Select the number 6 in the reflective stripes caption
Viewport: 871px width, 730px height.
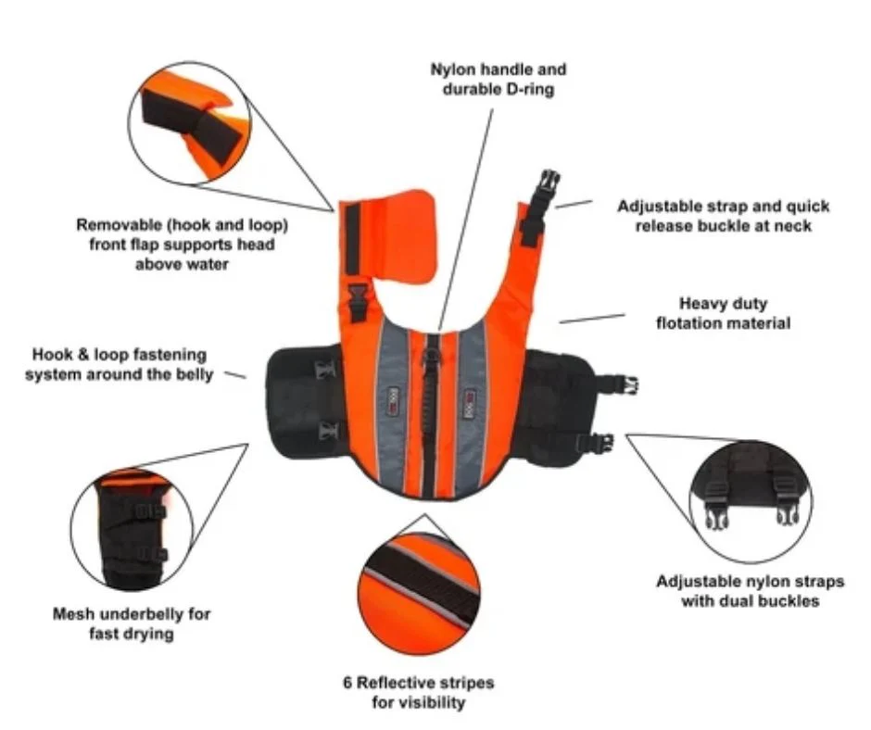tap(348, 683)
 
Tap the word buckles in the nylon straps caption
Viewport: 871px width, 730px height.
tap(788, 601)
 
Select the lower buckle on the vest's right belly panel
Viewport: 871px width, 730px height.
tap(599, 442)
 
